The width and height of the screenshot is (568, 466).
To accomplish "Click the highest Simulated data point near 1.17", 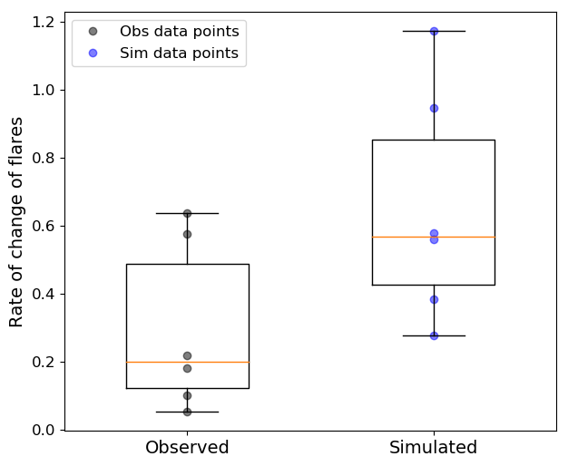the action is coord(434,32).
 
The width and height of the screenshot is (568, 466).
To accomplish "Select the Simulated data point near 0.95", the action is coord(434,109).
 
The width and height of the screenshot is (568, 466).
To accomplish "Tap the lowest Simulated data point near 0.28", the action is coord(434,336).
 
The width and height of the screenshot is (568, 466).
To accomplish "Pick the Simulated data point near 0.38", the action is coord(434,300).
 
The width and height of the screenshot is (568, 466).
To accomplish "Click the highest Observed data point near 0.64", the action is coord(187,214).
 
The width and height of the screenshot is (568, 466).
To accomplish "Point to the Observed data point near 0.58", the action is coord(187,235).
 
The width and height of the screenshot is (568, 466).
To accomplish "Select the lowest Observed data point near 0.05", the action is coord(187,412).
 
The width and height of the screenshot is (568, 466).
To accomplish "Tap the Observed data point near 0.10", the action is coord(187,396).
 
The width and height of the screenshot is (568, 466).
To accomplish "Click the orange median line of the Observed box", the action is coord(188,362).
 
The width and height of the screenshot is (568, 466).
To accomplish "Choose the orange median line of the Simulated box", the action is coord(434,238).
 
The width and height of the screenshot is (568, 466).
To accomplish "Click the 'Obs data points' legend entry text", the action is coord(180,32).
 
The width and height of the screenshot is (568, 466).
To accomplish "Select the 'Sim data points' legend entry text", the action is coord(179,53).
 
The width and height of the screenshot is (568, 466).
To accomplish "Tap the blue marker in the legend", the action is coord(93,53).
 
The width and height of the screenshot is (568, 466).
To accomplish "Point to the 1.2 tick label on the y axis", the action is coord(43,23).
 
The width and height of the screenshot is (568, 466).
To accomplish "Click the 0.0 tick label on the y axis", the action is coord(43,430).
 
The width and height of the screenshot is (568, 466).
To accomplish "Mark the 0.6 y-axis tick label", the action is coord(43,227).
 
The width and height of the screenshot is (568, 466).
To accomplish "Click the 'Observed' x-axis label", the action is coord(187,448).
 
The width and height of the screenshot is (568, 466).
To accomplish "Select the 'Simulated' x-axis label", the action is coord(433,448).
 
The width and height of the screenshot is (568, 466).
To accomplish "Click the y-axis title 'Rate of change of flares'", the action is coord(16,222).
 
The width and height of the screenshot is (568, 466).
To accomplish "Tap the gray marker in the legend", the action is coord(93,32).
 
